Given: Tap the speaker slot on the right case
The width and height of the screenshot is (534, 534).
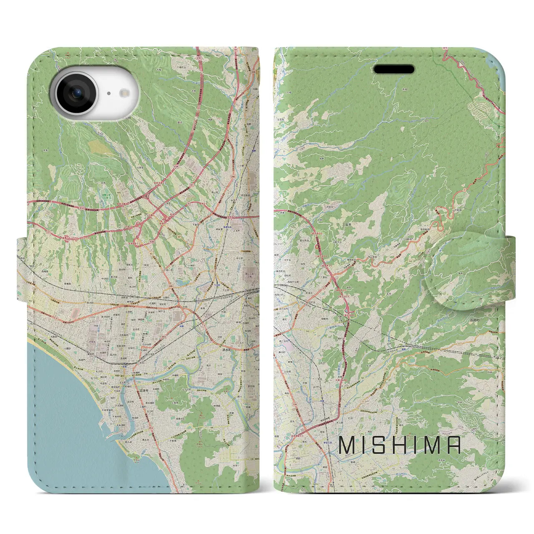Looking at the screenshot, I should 394,69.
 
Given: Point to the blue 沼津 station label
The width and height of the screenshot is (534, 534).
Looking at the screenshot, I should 124,367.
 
